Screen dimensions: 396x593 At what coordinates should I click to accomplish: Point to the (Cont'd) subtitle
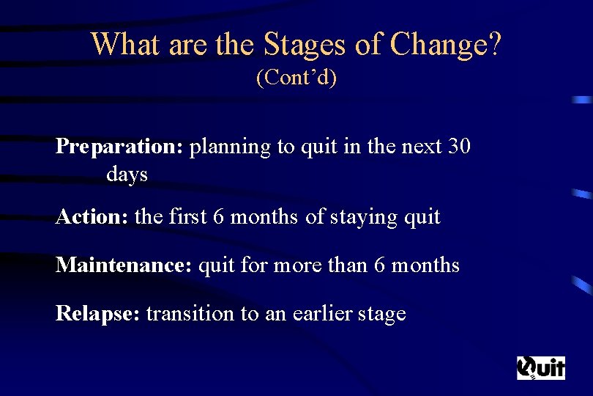coord(296,77)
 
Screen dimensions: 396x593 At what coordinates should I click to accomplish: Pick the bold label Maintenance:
coord(124,265)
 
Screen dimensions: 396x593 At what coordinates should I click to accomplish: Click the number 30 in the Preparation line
coord(458,147)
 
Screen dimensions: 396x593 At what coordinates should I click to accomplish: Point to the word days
coord(127,175)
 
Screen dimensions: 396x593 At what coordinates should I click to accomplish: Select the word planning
coord(230,147)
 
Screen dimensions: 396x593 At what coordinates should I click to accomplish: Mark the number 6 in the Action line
coord(219,217)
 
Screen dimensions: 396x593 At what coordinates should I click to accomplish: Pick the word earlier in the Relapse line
coord(318,314)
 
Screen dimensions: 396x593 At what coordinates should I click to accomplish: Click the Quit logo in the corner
coord(541,367)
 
